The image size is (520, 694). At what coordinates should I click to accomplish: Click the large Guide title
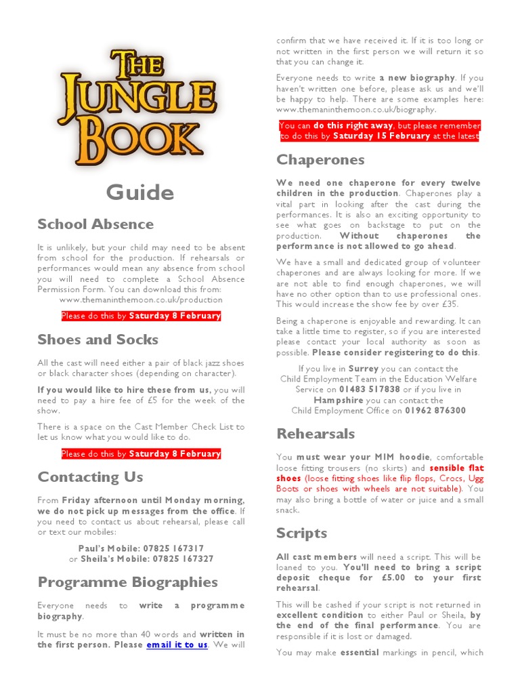tap(140, 192)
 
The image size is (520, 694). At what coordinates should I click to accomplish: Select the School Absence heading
tap(95, 224)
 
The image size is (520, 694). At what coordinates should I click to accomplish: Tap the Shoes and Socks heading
tap(98, 340)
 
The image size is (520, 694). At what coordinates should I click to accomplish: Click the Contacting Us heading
tap(90, 477)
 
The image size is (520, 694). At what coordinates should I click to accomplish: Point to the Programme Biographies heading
tap(128, 582)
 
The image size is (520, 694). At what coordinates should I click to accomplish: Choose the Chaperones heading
tap(320, 160)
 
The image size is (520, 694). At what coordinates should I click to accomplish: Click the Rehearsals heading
tap(316, 434)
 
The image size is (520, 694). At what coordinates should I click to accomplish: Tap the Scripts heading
tap(301, 533)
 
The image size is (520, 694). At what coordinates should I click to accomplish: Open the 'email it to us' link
tap(177, 645)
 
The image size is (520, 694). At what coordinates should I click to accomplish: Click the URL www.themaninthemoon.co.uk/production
tap(141, 300)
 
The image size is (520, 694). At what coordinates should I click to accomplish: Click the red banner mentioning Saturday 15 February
tap(379, 131)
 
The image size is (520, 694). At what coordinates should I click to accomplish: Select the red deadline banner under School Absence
tap(141, 316)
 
